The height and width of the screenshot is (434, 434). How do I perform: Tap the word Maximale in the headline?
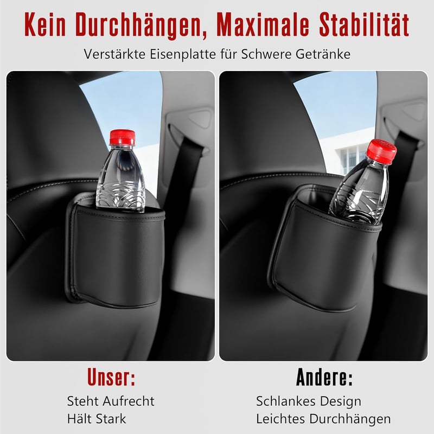[x=263, y=24]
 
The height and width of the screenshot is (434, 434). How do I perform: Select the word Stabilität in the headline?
[x=364, y=24]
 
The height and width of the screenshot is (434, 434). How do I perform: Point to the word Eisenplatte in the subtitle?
[x=183, y=54]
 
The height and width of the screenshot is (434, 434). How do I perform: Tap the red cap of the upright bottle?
[x=123, y=137]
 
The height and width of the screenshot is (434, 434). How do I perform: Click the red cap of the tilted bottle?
[x=381, y=152]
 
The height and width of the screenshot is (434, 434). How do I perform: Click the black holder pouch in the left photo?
[x=116, y=251]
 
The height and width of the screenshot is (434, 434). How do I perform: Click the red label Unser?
[x=111, y=377]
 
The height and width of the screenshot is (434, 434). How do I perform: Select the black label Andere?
[x=324, y=377]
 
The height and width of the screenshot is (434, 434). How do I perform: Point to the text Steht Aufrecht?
[x=111, y=401]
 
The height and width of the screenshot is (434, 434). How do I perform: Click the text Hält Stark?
[x=97, y=418]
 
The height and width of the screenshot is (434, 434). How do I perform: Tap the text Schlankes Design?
[x=309, y=401]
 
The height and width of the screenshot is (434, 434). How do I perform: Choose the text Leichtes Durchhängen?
[x=323, y=419]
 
